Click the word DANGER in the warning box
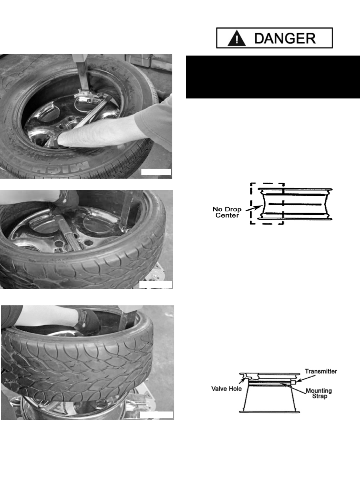[x=285, y=38]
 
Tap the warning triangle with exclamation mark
[x=237, y=39]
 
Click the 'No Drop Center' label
[x=227, y=212]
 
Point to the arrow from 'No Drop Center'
[x=253, y=208]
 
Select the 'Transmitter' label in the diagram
[x=321, y=371]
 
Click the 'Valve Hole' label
[x=227, y=389]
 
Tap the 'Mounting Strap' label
[x=319, y=393]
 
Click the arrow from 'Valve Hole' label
[x=242, y=382]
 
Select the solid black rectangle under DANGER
[x=272, y=77]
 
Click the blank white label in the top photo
[x=156, y=172]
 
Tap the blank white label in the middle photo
[x=155, y=284]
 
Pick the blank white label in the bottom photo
[x=156, y=415]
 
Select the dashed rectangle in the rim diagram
[x=251, y=203]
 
